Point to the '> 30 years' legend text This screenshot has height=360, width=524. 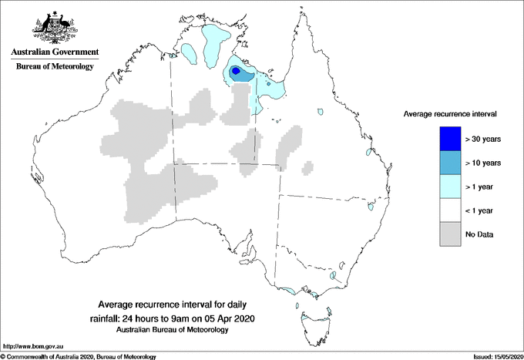tap(484, 140)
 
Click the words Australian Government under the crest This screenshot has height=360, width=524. tap(54, 52)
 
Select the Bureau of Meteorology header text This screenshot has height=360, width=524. tap(54, 67)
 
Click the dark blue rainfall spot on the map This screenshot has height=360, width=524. tap(237, 72)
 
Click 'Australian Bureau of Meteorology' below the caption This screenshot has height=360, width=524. tap(173, 330)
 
